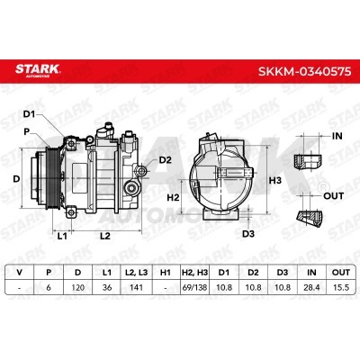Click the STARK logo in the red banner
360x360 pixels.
pyautogui.click(x=38, y=71)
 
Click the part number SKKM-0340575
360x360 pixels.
pyautogui.click(x=304, y=71)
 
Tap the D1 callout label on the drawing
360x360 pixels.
pyautogui.click(x=30, y=114)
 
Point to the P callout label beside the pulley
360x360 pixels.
pyautogui.click(x=27, y=131)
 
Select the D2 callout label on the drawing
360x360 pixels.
pyautogui.click(x=165, y=160)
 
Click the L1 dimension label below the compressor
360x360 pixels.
pyautogui.click(x=62, y=236)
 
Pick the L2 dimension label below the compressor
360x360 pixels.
pyautogui.click(x=105, y=236)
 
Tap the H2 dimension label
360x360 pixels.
pyautogui.click(x=173, y=197)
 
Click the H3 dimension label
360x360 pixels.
pyautogui.click(x=274, y=181)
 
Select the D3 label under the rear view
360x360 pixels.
pyautogui.click(x=248, y=234)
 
